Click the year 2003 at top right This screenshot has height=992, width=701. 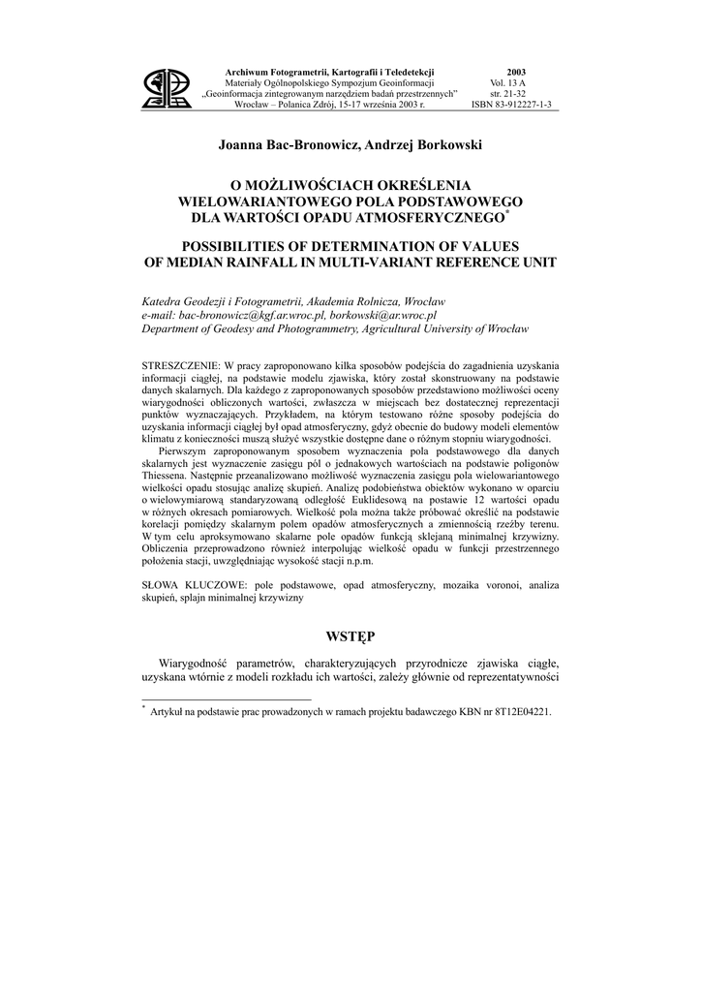[516, 73]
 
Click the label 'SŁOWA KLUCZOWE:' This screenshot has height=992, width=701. [195, 586]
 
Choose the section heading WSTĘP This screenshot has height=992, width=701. [350, 635]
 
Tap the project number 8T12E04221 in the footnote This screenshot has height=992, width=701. [516, 712]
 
